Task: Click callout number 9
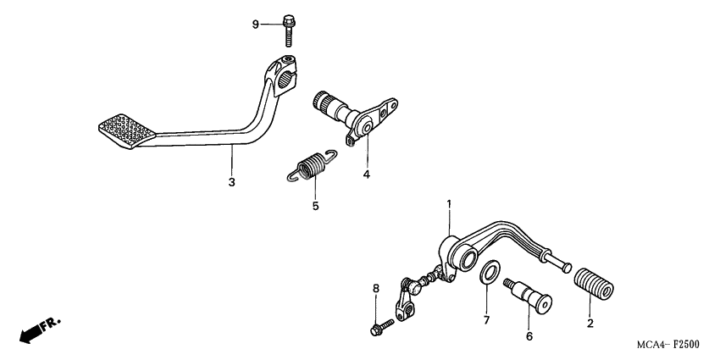pos(254,24)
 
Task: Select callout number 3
pos(231,182)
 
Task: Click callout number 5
pos(314,205)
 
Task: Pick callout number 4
pos(367,175)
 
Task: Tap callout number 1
pos(449,204)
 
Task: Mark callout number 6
pos(529,335)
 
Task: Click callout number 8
pos(375,290)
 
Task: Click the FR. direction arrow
pos(38,330)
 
